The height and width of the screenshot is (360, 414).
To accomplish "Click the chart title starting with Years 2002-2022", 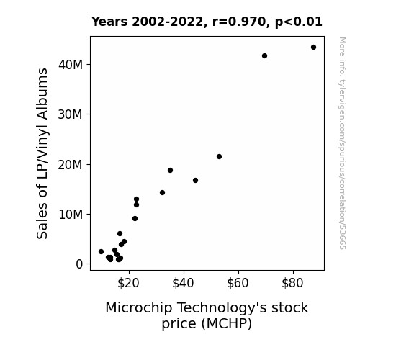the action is [207, 22].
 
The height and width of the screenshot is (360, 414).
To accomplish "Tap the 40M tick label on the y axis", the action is [71, 65].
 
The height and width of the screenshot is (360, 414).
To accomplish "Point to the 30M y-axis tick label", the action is [71, 114].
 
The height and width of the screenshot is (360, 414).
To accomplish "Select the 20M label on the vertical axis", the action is [71, 165].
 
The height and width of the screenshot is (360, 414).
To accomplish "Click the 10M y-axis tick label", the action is [71, 215].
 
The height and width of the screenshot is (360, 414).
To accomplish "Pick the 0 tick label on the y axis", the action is [79, 264].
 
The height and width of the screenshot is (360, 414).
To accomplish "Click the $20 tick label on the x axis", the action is [128, 283].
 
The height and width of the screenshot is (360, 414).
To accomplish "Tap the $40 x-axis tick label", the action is [183, 283].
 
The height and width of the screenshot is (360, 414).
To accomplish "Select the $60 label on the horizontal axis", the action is [238, 283].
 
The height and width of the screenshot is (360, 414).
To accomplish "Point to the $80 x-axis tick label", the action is [292, 283].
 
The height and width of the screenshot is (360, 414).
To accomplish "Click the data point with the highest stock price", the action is [313, 48].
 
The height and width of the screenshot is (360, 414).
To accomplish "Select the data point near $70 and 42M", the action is [264, 55].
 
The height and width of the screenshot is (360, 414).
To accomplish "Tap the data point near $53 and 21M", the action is [219, 157].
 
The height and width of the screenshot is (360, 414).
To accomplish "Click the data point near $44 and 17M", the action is [195, 181].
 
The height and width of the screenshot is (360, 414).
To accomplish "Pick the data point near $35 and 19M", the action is [171, 171].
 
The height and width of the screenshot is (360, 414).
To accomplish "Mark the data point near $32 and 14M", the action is [163, 192].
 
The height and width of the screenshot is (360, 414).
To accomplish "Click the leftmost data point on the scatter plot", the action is [101, 252].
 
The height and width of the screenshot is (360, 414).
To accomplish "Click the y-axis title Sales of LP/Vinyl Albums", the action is [42, 153].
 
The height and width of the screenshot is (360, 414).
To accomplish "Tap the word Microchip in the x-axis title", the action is [139, 308].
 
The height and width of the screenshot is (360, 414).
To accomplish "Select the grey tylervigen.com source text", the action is [342, 143].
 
